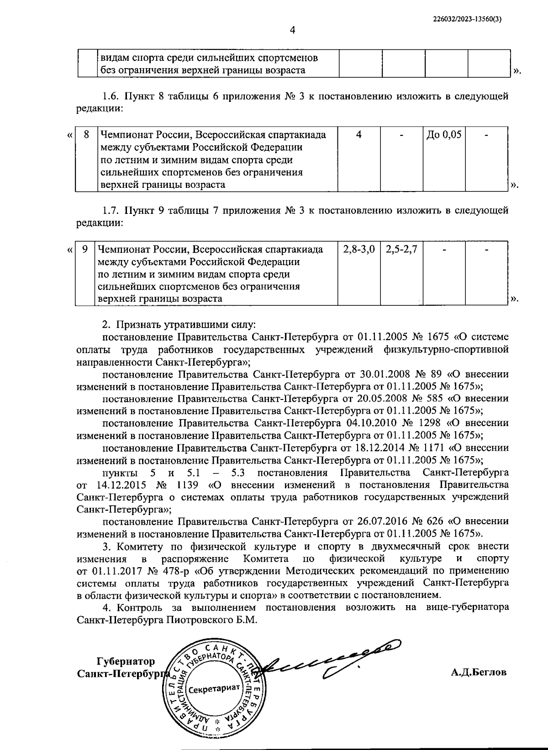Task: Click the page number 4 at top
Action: point(293,31)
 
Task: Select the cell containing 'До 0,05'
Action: point(444,135)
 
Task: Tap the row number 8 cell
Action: point(85,135)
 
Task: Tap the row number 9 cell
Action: point(84,250)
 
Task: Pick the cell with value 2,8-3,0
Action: point(359,250)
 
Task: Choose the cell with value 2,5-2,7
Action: point(401,250)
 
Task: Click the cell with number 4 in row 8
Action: point(359,135)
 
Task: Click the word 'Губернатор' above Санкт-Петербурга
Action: point(126,661)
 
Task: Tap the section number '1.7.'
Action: point(111,211)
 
